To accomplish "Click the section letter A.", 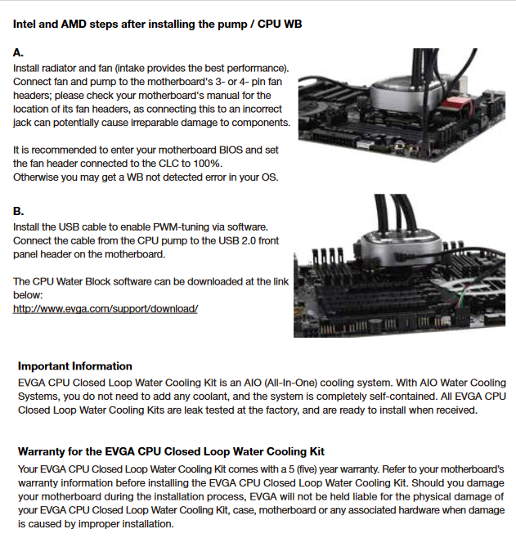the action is (x=18, y=53).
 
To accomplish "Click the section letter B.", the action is (x=18, y=211).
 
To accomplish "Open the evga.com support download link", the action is (x=105, y=309).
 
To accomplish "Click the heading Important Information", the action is (x=75, y=366).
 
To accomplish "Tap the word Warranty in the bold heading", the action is (x=41, y=451).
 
